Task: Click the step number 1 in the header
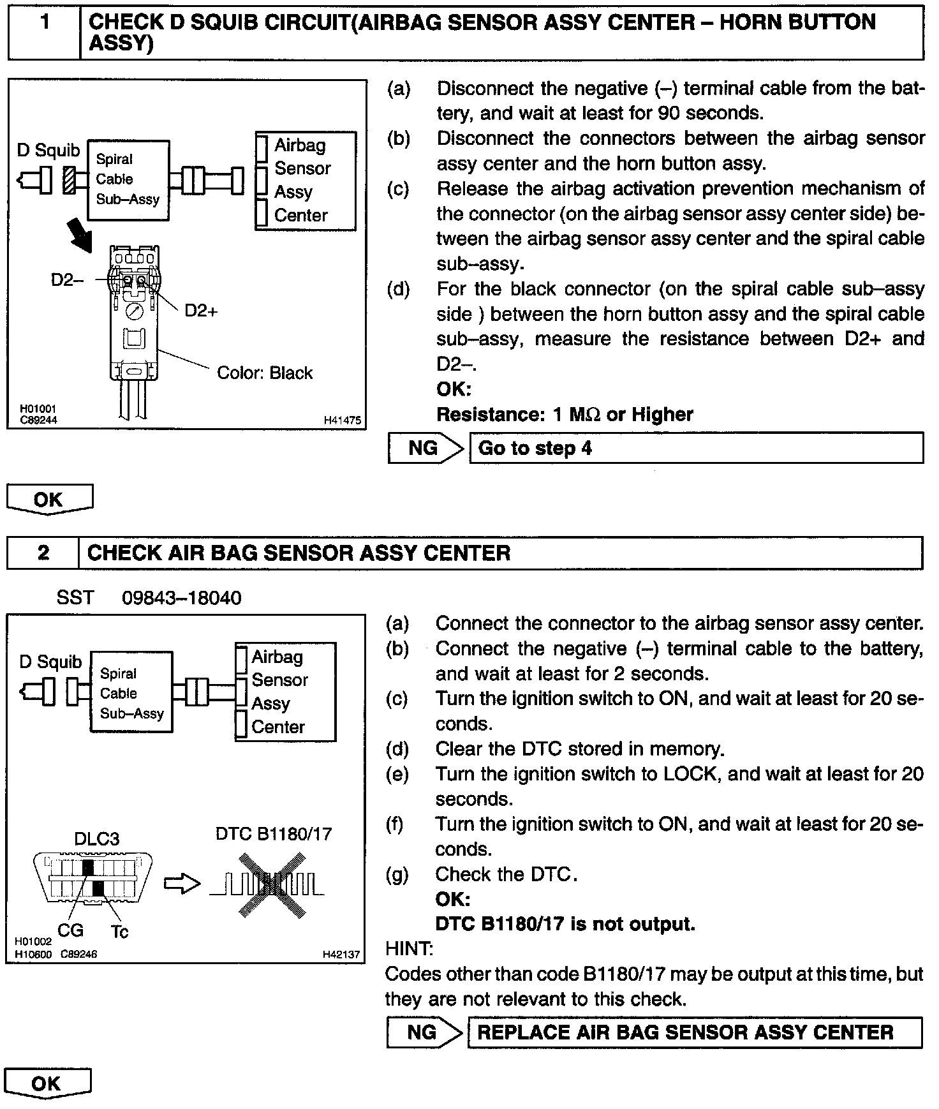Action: [44, 23]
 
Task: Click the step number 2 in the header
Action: [43, 552]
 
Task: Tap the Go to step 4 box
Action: [696, 448]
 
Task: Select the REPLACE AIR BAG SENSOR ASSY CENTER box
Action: [695, 1032]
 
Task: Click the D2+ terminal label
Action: [201, 311]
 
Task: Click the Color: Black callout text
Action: [265, 373]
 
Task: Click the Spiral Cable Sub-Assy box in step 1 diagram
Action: [128, 180]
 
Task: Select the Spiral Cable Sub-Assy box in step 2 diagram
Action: [131, 693]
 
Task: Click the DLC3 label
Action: [97, 838]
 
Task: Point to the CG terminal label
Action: [70, 930]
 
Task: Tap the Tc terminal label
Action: [119, 932]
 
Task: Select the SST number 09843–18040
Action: [182, 598]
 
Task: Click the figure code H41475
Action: [342, 421]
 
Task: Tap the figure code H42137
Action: [341, 955]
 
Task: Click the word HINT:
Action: [409, 949]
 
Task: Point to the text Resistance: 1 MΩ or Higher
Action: [564, 415]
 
